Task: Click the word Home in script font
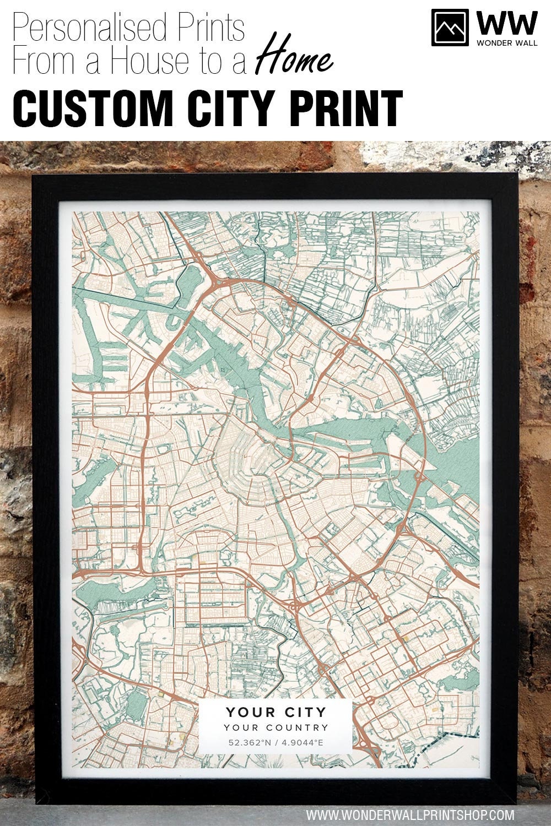(x=294, y=59)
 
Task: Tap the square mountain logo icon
(x=450, y=27)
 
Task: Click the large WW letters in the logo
(x=506, y=23)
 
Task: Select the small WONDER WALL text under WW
(x=506, y=42)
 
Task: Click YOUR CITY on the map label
(x=275, y=712)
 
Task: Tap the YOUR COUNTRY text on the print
(x=275, y=727)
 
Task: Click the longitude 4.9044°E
(x=302, y=743)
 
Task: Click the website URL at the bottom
(x=410, y=814)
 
